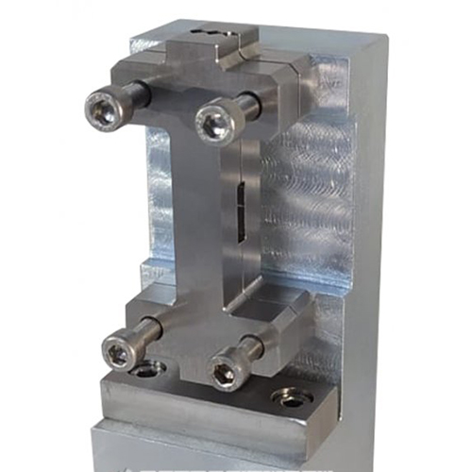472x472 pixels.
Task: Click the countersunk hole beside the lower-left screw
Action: [148, 368]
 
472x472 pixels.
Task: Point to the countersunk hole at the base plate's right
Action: [291, 398]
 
